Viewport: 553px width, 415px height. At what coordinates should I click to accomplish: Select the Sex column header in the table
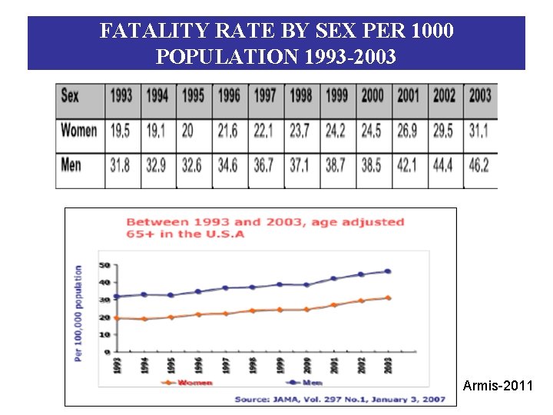tap(70, 97)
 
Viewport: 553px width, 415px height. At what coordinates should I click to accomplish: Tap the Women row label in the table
tap(78, 131)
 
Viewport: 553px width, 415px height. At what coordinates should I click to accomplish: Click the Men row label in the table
tap(71, 165)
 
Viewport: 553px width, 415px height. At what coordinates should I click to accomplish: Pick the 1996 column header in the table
tap(229, 97)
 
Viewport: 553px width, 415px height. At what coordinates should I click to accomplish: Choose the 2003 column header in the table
tap(479, 97)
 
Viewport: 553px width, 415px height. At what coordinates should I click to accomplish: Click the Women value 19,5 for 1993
tap(121, 131)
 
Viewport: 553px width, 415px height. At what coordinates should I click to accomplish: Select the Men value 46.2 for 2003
tap(479, 165)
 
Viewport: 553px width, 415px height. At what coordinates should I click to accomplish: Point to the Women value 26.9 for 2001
tap(408, 131)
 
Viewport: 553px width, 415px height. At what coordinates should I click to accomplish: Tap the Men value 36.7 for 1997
tap(265, 165)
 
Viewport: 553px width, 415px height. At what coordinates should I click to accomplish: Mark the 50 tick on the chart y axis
tap(104, 265)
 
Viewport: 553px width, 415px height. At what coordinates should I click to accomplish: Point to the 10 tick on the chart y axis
tap(104, 334)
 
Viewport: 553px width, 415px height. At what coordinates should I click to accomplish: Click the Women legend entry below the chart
tap(191, 382)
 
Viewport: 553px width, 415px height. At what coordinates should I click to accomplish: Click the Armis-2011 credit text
tap(498, 386)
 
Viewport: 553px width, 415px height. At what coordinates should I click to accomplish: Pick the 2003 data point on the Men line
tap(388, 271)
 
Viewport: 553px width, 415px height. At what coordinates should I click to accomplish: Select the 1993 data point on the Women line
tap(117, 318)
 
